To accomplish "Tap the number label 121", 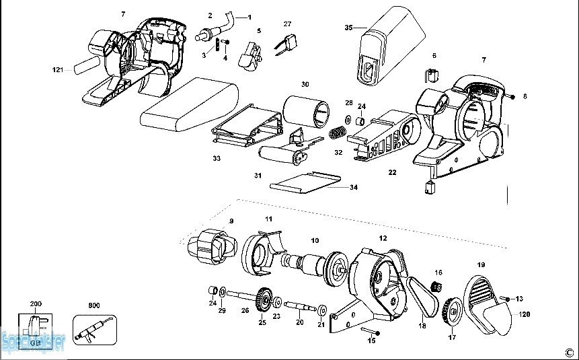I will [58, 70].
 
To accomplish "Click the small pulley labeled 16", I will [435, 288].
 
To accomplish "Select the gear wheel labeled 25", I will [264, 298].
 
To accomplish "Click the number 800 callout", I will [94, 305].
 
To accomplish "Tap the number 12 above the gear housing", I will [383, 238].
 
